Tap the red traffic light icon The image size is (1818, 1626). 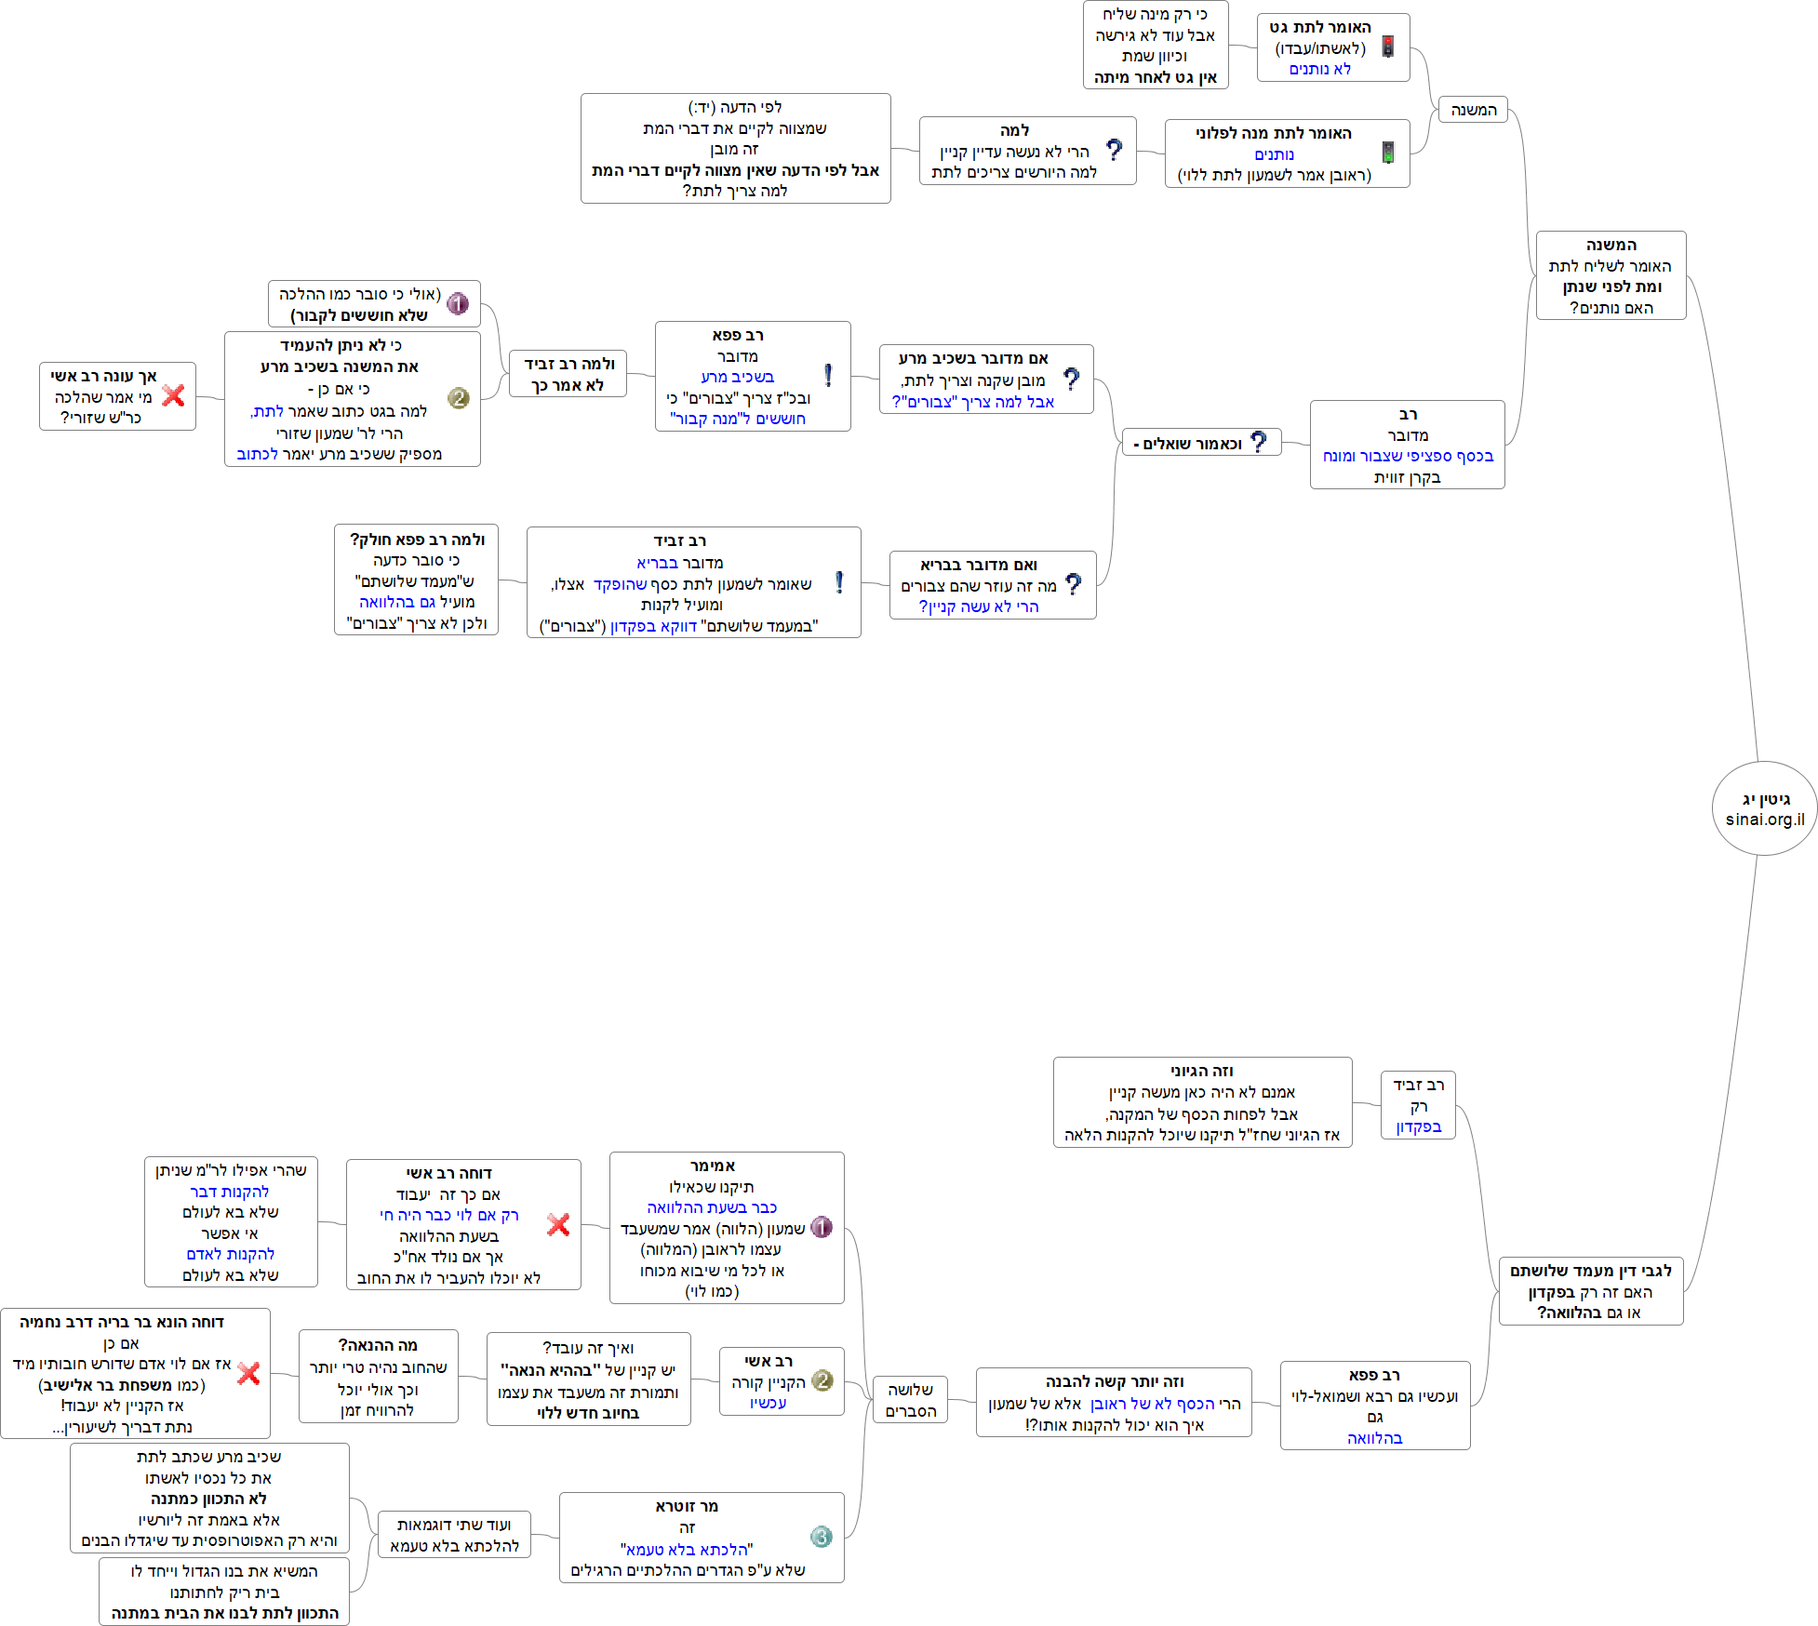[x=1387, y=47]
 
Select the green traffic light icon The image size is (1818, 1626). [x=1387, y=153]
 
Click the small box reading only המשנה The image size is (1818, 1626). [x=1473, y=110]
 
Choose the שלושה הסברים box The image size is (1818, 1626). [x=910, y=1400]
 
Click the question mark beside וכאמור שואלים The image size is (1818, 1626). [x=1258, y=442]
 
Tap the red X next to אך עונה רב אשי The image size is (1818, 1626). [x=173, y=395]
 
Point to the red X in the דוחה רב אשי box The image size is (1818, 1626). [x=558, y=1224]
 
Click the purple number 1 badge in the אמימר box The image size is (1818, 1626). [x=821, y=1227]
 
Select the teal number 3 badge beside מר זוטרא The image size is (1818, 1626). [x=821, y=1537]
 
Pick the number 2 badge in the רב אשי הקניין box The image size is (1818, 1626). [x=822, y=1380]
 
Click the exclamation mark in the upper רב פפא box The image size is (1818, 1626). [x=828, y=375]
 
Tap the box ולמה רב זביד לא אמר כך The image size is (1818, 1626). [x=568, y=374]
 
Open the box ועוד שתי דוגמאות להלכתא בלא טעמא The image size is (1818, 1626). [x=454, y=1535]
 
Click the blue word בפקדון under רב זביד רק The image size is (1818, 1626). [x=1418, y=1126]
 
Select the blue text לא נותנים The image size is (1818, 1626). [x=1319, y=69]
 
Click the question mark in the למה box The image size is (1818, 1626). [x=1114, y=150]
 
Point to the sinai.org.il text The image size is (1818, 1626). [x=1764, y=820]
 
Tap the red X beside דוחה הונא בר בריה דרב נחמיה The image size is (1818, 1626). [x=248, y=1373]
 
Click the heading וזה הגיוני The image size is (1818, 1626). [x=1201, y=1071]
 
